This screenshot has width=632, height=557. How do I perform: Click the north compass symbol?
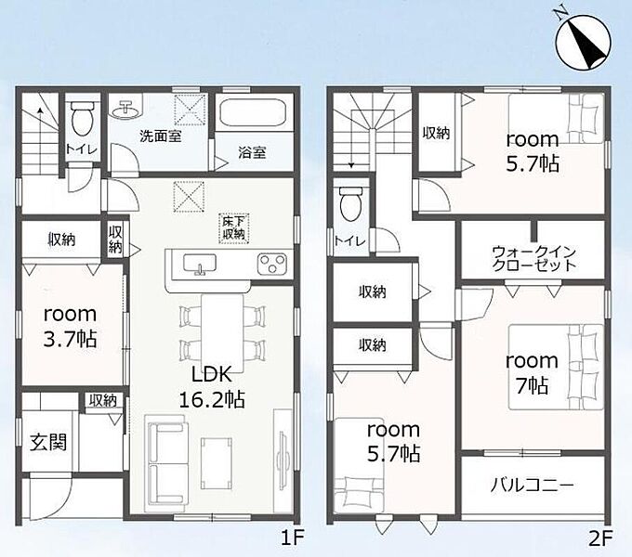(x=584, y=42)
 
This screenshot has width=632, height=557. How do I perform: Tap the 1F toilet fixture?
(x=82, y=118)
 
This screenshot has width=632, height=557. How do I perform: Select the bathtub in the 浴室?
(x=254, y=112)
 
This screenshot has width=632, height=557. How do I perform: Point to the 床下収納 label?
(x=234, y=227)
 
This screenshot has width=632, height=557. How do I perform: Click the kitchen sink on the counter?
(x=199, y=265)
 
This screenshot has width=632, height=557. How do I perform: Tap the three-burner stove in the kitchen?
(x=272, y=264)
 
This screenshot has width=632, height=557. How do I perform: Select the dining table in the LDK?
(x=222, y=333)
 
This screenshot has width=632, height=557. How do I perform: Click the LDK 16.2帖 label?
(x=212, y=387)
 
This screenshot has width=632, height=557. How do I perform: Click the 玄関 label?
(x=48, y=442)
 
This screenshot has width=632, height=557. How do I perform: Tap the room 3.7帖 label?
(x=70, y=327)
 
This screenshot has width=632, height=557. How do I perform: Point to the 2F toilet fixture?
(x=349, y=204)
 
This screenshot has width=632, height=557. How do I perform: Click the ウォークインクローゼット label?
(x=534, y=258)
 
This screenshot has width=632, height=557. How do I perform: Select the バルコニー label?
(x=532, y=486)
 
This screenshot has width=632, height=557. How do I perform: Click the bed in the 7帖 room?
(x=556, y=367)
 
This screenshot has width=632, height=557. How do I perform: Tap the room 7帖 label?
(x=532, y=373)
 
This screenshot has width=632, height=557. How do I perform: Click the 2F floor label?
(x=600, y=538)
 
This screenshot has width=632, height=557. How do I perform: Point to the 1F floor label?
(x=292, y=538)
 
